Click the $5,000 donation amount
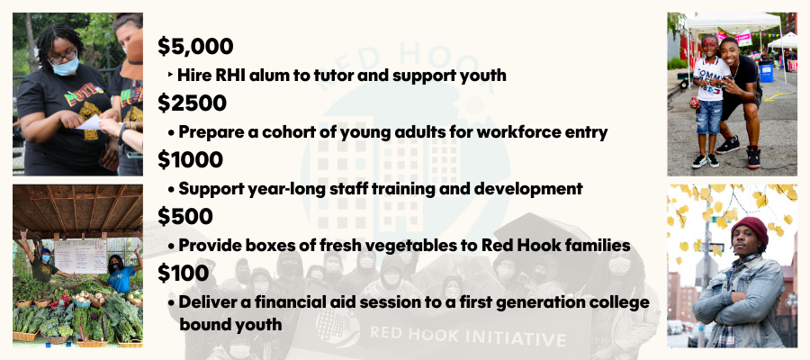coord(195,47)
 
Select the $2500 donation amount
coord(193,103)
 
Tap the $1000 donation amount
coord(190,159)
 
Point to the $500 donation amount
coord(184,216)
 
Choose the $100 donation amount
coord(184,273)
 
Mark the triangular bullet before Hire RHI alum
coord(170,76)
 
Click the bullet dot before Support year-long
coord(171,190)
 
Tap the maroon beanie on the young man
coord(750,228)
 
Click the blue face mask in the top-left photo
coord(66,66)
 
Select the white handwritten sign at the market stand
coord(80,256)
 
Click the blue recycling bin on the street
coord(766,71)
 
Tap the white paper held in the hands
coord(89,123)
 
